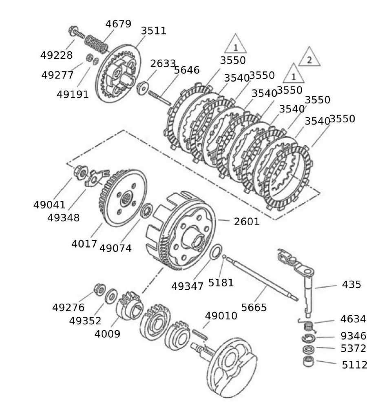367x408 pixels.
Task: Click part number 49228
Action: (56, 55)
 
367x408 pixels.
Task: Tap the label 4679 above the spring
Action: (118, 24)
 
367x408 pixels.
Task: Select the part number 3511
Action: (154, 31)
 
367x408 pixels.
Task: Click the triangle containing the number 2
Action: (309, 59)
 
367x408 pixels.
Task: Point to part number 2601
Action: (246, 222)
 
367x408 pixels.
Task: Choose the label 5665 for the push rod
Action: (254, 307)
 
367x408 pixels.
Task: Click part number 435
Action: (352, 284)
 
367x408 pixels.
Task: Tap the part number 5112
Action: (354, 364)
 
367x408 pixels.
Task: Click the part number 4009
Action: (107, 334)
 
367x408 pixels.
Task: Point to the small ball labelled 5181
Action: (224, 257)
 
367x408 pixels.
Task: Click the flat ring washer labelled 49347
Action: (216, 252)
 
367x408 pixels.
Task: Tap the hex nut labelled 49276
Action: (98, 289)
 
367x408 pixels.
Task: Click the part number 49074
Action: (115, 248)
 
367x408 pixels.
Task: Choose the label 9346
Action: (353, 336)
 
